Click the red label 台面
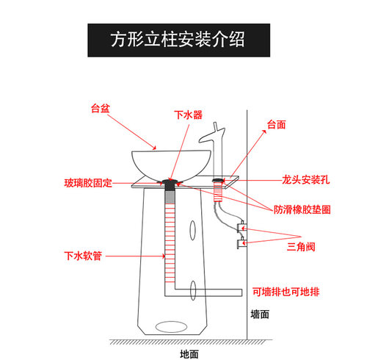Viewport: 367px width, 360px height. pos(275,124)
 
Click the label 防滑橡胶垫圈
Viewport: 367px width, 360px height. pos(302,209)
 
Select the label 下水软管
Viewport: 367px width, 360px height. pos(82,256)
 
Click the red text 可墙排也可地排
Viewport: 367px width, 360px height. pos(286,292)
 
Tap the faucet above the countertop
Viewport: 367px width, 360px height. pos(213,147)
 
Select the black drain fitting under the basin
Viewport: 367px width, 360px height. pos(170,185)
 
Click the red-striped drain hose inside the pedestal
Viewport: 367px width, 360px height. pos(170,235)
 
